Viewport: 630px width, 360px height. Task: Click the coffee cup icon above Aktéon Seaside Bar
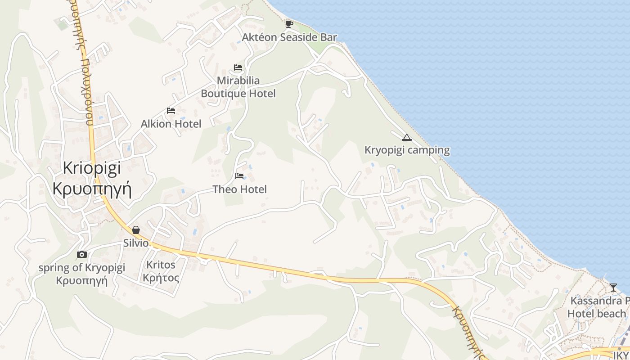coord(289,23)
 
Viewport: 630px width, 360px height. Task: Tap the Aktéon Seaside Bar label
coord(289,37)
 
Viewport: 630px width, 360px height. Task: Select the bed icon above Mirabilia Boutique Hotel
coord(238,67)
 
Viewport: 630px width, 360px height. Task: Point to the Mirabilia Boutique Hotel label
coord(238,87)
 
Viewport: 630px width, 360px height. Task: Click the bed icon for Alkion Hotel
coord(171,110)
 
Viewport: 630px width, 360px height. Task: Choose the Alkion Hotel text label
coord(171,124)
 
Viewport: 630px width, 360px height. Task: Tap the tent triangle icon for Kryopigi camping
coord(407,137)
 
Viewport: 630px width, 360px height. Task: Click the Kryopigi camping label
coord(407,150)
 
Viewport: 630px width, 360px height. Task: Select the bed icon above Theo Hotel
coord(239,175)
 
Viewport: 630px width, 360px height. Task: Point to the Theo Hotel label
coord(239,189)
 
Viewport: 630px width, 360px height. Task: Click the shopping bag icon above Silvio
coord(136,230)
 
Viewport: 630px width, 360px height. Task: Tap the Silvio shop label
coord(136,243)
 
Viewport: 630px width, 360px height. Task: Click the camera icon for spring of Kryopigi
coord(81,254)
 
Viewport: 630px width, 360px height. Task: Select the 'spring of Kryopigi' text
coord(81,268)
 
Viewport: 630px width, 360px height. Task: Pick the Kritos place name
coord(161,265)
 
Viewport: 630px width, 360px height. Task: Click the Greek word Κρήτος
coord(161,278)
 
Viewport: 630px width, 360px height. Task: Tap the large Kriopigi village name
coord(92,168)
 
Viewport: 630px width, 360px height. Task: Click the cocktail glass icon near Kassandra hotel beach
coord(613,287)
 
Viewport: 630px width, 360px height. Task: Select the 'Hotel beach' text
coord(597,314)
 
